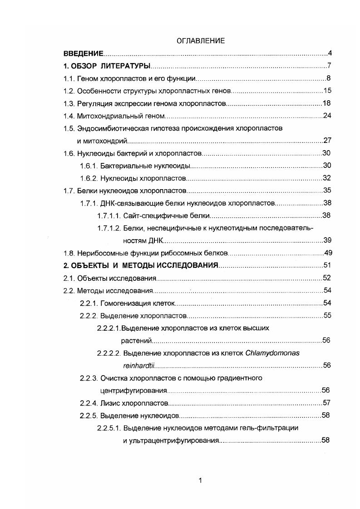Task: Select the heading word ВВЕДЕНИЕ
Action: [x=84, y=54]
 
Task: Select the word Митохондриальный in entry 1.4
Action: [x=107, y=116]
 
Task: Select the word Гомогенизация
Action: [x=124, y=303]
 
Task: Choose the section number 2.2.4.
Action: [x=88, y=403]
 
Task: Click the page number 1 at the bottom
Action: [x=200, y=481]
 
